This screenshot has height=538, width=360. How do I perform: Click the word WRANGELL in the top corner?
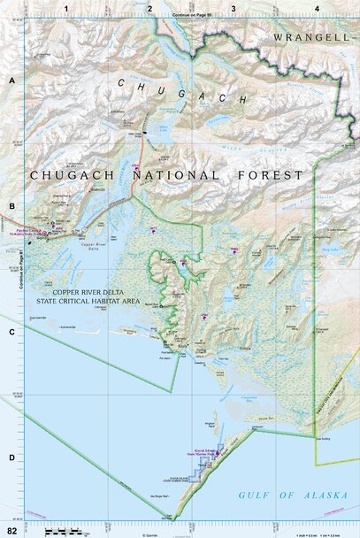click(x=312, y=37)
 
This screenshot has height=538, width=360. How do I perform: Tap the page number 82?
click(x=11, y=529)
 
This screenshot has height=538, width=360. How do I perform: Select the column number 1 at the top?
click(x=67, y=7)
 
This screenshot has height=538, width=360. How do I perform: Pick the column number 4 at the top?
click(x=317, y=7)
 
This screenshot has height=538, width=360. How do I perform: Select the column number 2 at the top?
click(x=149, y=7)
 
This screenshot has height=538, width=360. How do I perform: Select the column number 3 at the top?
click(x=233, y=7)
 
